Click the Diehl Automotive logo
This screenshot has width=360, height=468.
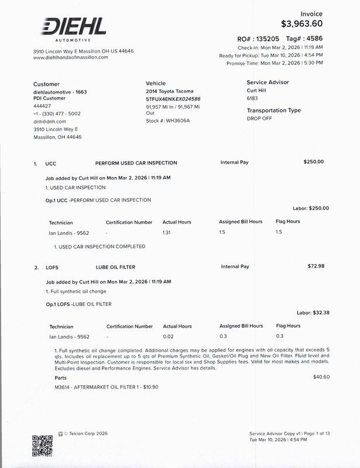point(73,28)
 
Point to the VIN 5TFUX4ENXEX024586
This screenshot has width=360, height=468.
point(173,99)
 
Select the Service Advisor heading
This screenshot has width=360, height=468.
point(268,82)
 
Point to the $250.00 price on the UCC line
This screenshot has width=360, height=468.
point(313,161)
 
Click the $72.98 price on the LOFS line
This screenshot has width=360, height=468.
point(316,266)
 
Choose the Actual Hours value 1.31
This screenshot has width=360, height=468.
point(167,232)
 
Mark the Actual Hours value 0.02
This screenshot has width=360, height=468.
point(169,336)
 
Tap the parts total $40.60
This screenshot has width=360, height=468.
point(321,377)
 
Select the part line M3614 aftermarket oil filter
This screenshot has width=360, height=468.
point(106,387)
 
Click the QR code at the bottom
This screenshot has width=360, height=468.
point(42,445)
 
